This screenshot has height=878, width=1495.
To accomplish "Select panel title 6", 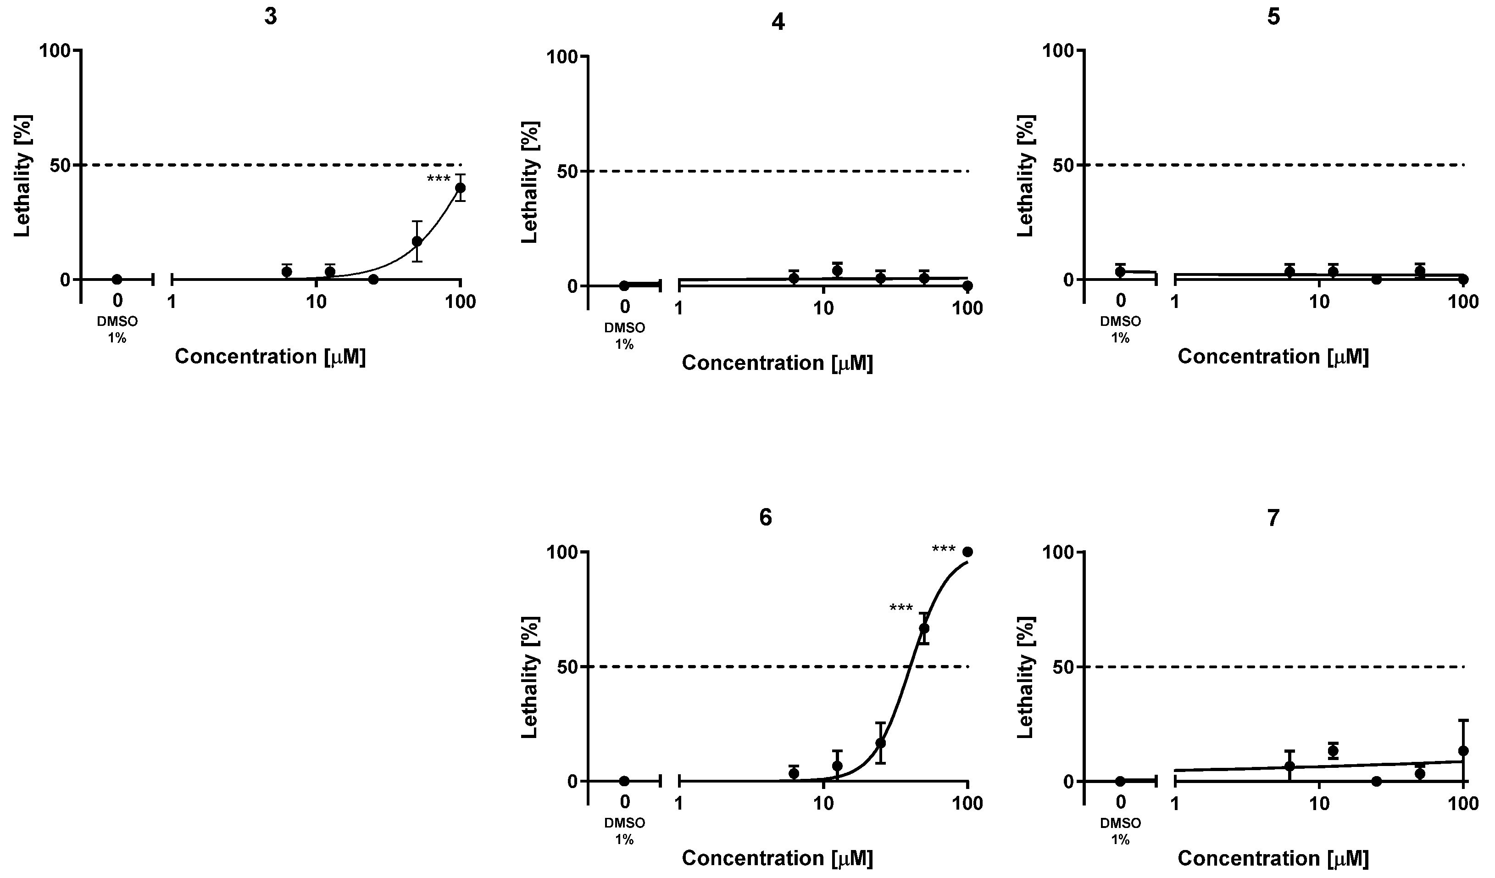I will [766, 518].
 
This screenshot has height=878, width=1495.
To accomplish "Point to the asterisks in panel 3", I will [439, 179].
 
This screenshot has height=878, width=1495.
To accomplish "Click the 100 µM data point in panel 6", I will [967, 552].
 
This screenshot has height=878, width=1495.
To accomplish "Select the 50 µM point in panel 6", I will [924, 628].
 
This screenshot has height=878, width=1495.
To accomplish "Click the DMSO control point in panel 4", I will [624, 285].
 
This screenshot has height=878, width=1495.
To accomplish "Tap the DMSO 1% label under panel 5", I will [1120, 330].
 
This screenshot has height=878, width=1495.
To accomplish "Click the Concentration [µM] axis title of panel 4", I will [777, 363].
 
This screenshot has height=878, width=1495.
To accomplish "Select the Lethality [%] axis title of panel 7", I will [1026, 677].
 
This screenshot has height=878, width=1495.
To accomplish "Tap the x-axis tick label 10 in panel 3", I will [316, 302].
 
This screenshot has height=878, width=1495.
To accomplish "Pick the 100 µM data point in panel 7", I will [1463, 750].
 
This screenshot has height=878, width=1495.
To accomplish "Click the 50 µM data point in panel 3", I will [417, 241].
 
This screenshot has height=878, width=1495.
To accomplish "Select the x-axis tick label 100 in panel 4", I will [967, 309].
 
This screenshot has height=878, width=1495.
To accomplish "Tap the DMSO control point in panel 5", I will [1120, 272].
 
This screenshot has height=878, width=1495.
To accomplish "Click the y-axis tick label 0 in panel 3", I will [65, 280].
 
